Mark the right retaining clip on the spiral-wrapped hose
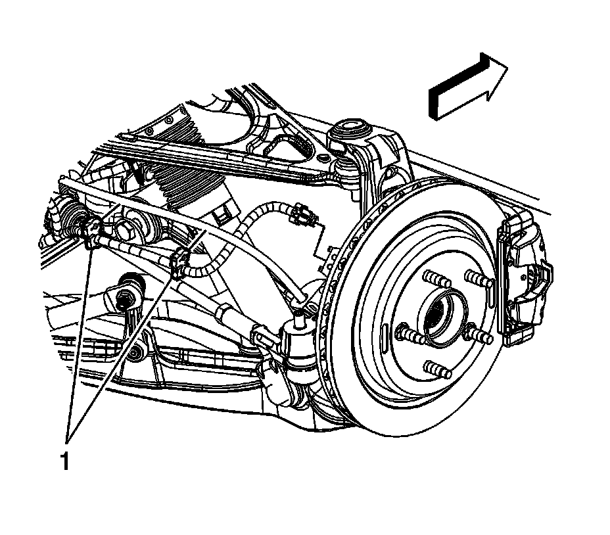point(179,263)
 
